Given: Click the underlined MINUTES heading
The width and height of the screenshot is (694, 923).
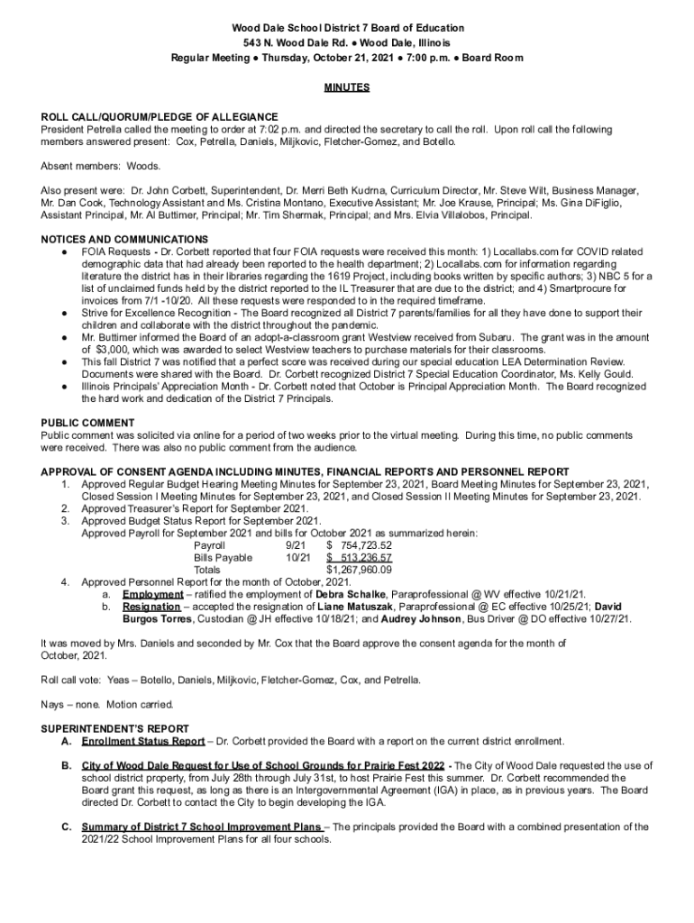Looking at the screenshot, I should (347, 88).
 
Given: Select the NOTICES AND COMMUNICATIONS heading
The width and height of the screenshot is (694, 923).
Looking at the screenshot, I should (124, 239).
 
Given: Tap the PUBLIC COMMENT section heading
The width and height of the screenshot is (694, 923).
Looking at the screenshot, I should (88, 423).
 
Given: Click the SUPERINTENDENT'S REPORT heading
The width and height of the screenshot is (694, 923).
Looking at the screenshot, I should (115, 727).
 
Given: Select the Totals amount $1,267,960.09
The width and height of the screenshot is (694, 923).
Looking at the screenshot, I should (359, 571).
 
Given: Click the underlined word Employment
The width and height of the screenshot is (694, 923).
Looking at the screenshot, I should (153, 595).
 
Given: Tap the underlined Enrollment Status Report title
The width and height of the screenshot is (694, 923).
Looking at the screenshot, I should (142, 741).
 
